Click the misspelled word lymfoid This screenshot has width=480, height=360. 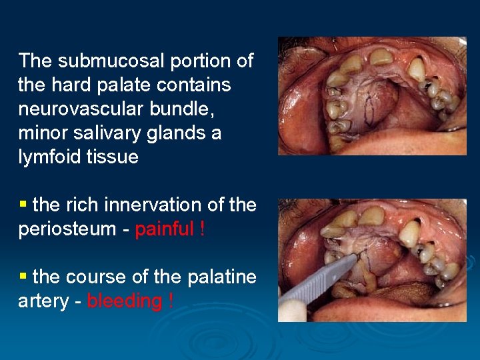[47, 157]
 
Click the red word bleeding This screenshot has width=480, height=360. [125, 301]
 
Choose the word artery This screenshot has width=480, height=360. [44, 301]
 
